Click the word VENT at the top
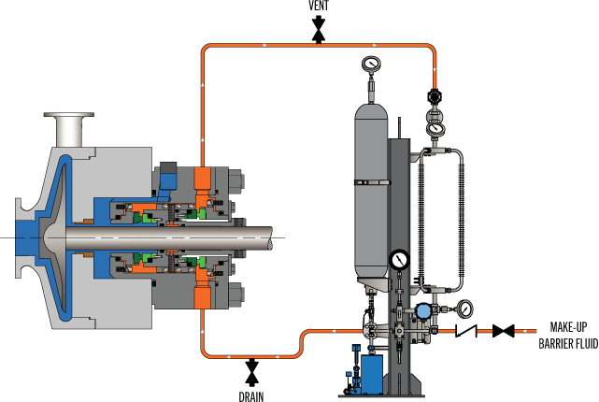click(319, 6)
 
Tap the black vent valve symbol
click(319, 29)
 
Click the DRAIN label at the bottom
click(251, 396)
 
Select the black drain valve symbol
click(251, 372)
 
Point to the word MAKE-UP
click(568, 327)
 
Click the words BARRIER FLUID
click(568, 343)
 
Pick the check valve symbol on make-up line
click(466, 331)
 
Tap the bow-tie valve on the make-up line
click(503, 331)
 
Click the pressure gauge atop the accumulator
click(371, 64)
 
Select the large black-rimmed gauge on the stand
click(400, 260)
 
